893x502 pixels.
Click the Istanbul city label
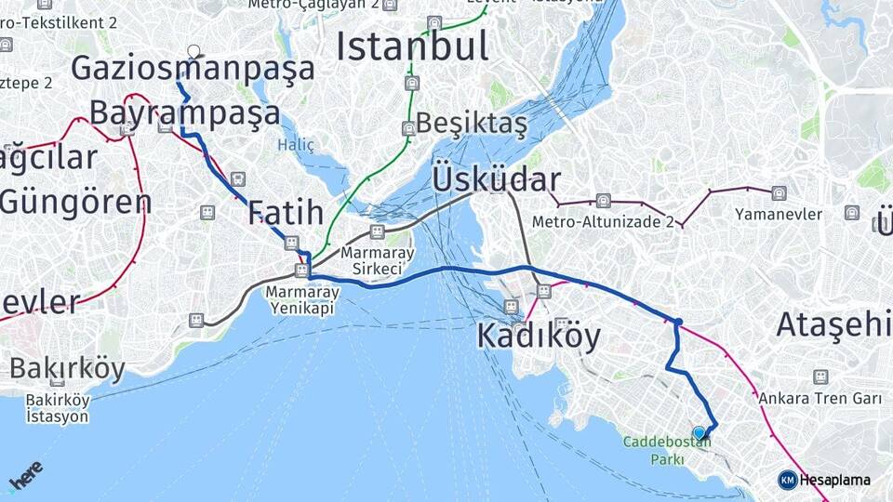[x=412, y=46]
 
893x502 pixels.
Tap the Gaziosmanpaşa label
[x=193, y=68]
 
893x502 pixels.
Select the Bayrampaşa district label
[x=184, y=112]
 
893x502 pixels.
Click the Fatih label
[x=286, y=212]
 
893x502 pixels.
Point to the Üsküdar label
[x=496, y=179]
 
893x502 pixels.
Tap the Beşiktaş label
[x=472, y=123]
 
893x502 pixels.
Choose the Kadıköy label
[x=539, y=336]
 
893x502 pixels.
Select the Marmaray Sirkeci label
[x=371, y=260]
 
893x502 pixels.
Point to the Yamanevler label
[x=779, y=215]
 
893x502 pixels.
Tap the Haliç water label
[x=296, y=145]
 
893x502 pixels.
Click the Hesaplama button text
[x=835, y=480]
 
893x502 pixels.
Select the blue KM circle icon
[x=788, y=480]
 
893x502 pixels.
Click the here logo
[x=25, y=475]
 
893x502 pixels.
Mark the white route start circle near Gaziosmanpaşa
[x=193, y=51]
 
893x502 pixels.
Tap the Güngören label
[x=75, y=201]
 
